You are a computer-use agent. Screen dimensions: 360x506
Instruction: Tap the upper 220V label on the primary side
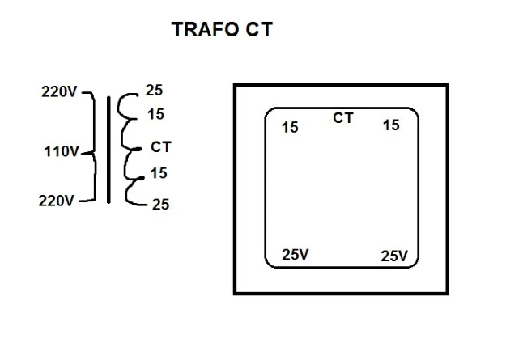[59, 91]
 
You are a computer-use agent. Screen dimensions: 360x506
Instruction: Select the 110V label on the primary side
[62, 150]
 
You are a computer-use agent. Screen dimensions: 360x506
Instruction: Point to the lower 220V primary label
[57, 201]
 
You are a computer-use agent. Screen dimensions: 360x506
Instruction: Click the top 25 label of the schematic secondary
[154, 91]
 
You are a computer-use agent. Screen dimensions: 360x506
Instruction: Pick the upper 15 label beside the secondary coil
[156, 115]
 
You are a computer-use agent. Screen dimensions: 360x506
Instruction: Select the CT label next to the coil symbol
[161, 147]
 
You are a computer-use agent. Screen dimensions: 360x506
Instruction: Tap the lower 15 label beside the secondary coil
[159, 172]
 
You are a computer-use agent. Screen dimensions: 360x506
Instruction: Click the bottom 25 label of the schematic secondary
[160, 205]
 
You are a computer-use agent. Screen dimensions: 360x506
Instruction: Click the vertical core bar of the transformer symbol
[108, 149]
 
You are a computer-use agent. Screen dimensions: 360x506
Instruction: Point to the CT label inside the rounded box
[343, 118]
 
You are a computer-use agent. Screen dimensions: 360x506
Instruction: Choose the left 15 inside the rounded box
[290, 127]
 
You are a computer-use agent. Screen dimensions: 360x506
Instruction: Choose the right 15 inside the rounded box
[391, 125]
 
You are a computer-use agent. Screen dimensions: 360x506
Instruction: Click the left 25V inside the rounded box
[296, 254]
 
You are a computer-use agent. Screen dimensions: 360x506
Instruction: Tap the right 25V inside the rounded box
[394, 256]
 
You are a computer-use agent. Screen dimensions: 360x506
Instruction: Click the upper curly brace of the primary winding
[91, 121]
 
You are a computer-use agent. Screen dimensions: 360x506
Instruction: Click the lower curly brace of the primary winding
[91, 178]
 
